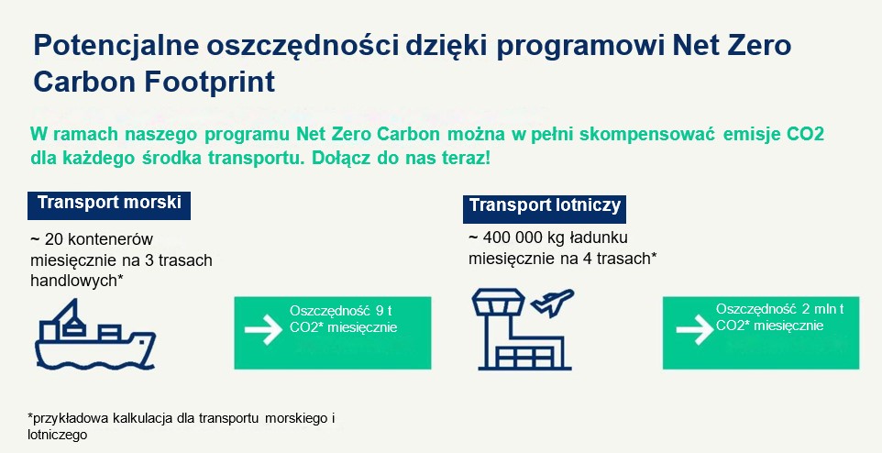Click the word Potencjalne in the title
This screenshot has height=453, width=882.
116,46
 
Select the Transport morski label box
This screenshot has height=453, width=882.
109,205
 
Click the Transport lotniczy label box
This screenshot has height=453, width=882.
545,209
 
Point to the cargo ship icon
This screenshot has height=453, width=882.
95,335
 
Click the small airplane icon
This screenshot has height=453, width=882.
552,303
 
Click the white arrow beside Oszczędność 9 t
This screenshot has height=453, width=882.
263,330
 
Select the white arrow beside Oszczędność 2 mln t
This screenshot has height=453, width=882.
695,330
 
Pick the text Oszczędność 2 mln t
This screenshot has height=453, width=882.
779,309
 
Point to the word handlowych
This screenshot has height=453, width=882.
73,281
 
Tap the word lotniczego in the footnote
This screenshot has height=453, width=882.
58,436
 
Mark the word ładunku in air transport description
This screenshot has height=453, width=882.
598,238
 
